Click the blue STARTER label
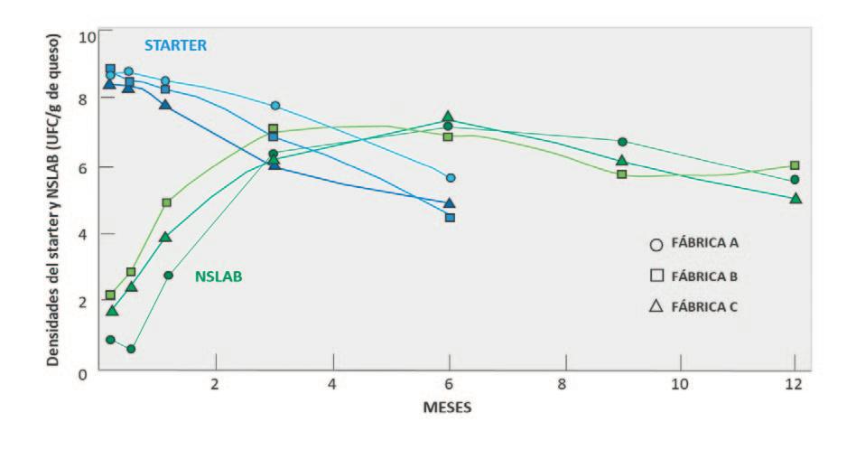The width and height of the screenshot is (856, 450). [x=176, y=45]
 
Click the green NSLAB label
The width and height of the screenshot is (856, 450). [x=219, y=277]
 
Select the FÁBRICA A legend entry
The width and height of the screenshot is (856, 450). [x=693, y=243]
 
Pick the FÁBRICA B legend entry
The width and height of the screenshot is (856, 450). [x=693, y=277]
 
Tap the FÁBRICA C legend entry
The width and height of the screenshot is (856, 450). [x=693, y=306]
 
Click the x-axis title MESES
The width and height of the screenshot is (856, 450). [x=447, y=408]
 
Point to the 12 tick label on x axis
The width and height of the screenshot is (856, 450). [x=795, y=384]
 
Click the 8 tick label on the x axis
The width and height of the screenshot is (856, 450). [x=563, y=384]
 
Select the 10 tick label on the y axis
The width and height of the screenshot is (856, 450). [x=88, y=37]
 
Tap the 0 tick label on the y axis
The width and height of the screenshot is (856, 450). [x=82, y=375]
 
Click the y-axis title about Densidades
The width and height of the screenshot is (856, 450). [x=53, y=201]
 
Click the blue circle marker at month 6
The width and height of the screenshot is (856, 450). [x=451, y=177]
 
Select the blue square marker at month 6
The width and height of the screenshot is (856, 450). [x=450, y=218]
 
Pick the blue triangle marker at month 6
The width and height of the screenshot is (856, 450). [x=450, y=202]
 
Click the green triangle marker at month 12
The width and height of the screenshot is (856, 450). [x=796, y=198]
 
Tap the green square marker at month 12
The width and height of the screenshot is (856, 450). [x=795, y=165]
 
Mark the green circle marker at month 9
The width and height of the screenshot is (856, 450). [x=622, y=142]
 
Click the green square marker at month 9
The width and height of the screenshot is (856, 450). [x=622, y=174]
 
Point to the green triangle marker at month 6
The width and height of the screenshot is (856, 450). [x=448, y=117]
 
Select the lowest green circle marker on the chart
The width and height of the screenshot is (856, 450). [x=131, y=349]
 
